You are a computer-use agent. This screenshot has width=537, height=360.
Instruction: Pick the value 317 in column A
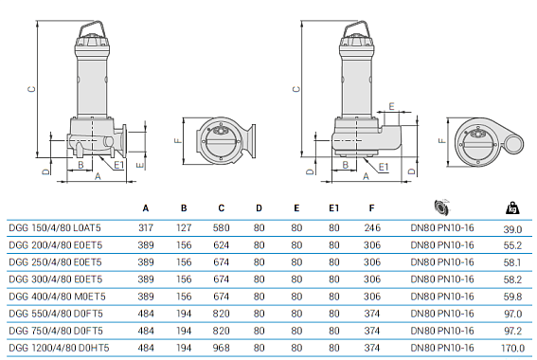145,228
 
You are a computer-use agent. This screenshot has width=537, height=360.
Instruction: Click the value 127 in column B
184,228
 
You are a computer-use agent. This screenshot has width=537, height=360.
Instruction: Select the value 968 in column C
221,348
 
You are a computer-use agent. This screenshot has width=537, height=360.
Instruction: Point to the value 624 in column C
221,245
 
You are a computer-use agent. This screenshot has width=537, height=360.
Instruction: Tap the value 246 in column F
372,228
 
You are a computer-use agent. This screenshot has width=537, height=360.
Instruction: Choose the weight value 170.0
514,348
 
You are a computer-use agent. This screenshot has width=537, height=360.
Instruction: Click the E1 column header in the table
333,207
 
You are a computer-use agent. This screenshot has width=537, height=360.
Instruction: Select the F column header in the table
372,207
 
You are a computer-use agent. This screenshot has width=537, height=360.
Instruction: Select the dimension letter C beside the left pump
31,91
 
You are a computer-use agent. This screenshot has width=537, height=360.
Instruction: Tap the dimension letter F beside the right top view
441,139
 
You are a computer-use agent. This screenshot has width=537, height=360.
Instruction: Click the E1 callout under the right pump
383,166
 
